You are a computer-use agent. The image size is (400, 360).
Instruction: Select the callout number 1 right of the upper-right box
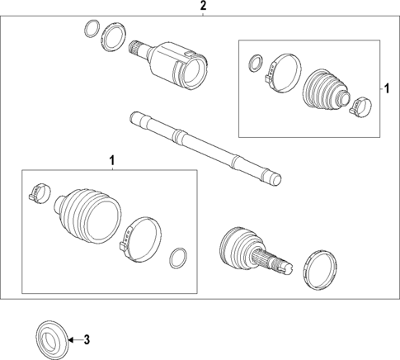point(384,86)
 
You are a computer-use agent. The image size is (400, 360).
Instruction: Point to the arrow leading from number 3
point(74,339)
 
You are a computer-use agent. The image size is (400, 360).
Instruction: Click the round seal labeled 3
point(50,339)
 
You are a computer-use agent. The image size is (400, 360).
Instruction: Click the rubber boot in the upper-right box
point(326,88)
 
